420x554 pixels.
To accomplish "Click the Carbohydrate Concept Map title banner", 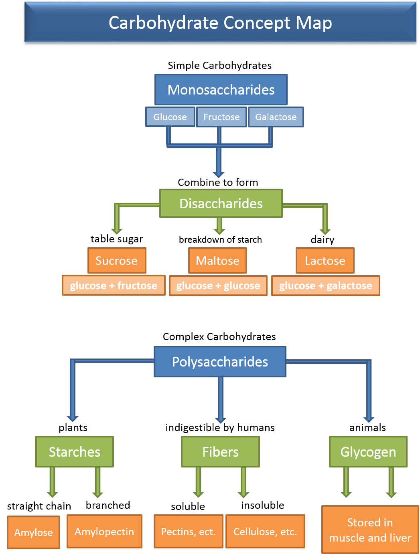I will click(220, 22).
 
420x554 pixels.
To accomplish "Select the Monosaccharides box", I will click(221, 90).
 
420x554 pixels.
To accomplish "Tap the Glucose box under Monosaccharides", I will click(170, 117).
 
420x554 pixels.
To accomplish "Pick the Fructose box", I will click(221, 117).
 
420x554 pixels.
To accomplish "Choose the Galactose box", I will click(276, 117).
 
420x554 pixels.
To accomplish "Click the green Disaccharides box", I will click(221, 203).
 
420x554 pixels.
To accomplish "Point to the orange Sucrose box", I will click(117, 260).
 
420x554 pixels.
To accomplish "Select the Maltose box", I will click(217, 260).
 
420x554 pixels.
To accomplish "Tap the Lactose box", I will click(325, 260).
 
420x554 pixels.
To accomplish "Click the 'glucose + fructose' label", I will click(114, 286).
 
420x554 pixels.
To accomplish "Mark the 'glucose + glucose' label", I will click(218, 286).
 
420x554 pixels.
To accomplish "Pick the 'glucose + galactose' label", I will click(325, 286).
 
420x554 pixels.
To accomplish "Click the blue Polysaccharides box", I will click(220, 362).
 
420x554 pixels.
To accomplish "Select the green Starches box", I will click(75, 452).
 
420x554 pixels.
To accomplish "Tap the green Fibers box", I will click(220, 452).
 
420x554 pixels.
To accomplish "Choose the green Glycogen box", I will click(368, 452).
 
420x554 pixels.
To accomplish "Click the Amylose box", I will click(34, 532).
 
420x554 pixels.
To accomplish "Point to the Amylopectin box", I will click(104, 532).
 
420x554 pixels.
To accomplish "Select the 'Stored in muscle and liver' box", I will click(370, 530).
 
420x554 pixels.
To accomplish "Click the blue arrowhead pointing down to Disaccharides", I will click(219, 174).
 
